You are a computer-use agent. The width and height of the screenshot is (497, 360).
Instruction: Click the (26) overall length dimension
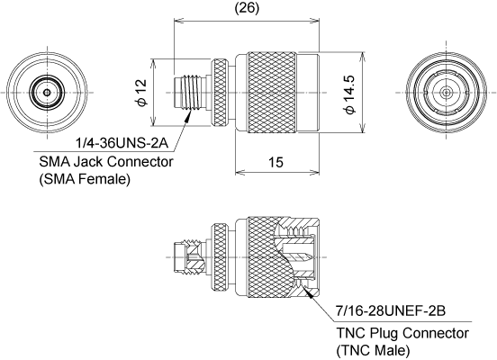(247, 8)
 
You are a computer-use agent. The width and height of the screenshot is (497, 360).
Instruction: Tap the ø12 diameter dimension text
(141, 93)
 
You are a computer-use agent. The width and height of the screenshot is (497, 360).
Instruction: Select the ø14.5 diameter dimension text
(348, 94)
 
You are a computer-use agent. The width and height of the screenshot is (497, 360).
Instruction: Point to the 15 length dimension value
(276, 162)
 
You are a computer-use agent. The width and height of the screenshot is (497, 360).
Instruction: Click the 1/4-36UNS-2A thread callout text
(122, 143)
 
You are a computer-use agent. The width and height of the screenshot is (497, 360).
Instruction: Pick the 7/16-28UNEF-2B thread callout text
(391, 311)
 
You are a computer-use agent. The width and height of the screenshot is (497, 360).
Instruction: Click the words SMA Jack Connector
(106, 162)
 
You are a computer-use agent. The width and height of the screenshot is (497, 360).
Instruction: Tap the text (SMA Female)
(85, 179)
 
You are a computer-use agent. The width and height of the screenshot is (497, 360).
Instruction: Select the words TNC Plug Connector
(402, 333)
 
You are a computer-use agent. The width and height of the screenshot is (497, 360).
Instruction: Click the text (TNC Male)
(373, 350)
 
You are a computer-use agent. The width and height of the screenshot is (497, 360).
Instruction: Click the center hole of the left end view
(47, 93)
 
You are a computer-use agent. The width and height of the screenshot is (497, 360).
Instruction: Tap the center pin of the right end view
(447, 93)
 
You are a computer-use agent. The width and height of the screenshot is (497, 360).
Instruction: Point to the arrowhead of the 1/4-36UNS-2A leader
(188, 115)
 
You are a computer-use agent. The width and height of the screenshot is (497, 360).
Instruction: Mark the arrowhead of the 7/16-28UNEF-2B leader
(307, 292)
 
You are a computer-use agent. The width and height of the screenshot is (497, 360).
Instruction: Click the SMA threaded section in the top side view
(190, 92)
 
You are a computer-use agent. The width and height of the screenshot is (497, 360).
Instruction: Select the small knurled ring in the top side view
(220, 92)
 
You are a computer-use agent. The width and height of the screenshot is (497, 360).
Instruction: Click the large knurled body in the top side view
(272, 92)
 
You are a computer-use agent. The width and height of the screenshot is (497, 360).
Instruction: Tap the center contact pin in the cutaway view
(300, 256)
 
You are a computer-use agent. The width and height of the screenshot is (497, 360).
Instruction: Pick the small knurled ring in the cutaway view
(220, 257)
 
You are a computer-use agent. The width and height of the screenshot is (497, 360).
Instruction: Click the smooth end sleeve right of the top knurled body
(308, 92)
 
